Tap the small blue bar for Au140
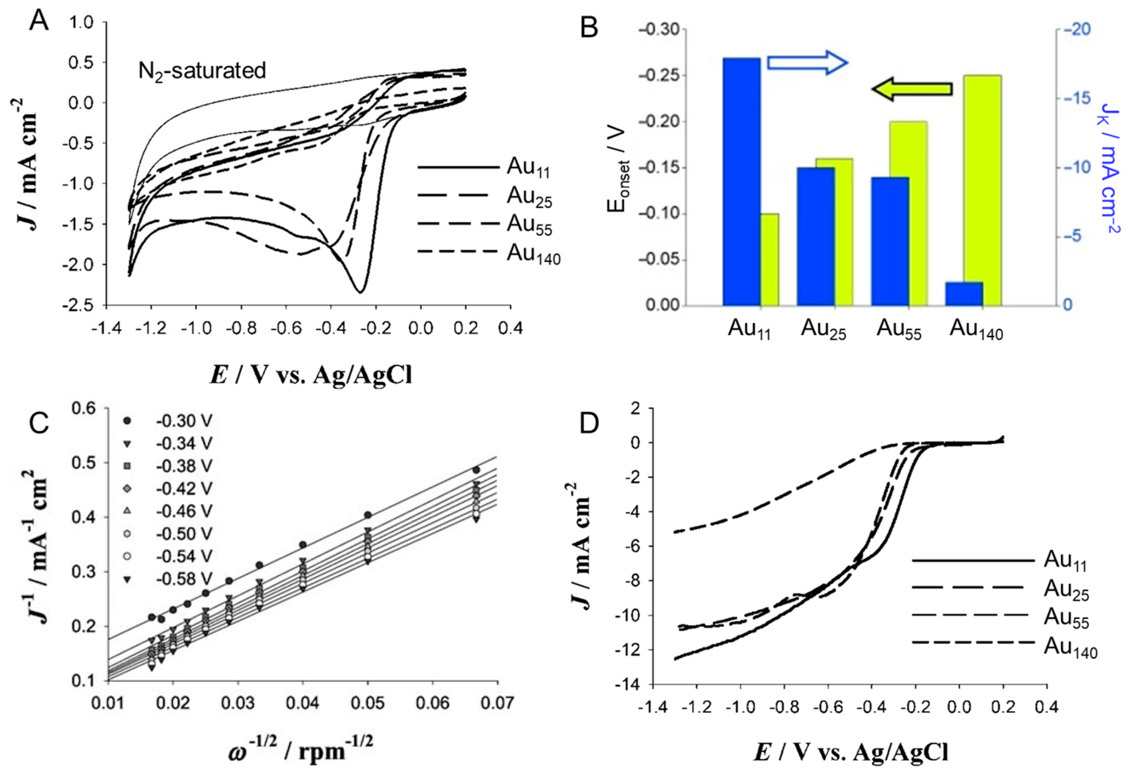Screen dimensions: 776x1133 point(964,294)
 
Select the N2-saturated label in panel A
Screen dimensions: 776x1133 point(202,71)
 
